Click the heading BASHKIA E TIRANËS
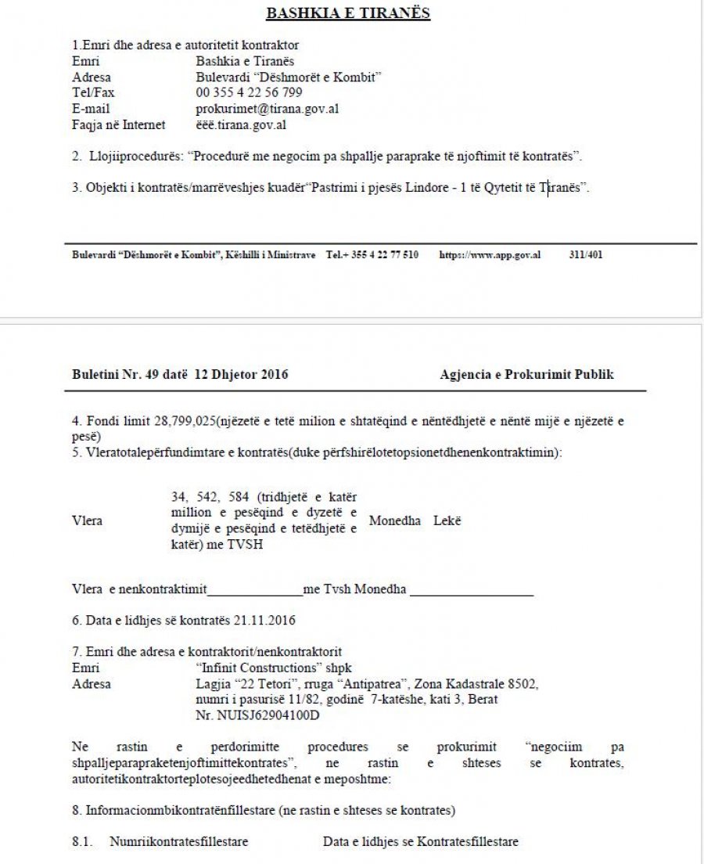click(x=348, y=13)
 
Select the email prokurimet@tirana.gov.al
click(x=267, y=109)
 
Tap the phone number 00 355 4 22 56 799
click(x=249, y=93)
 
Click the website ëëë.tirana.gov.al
click(x=240, y=124)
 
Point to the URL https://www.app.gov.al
click(x=490, y=255)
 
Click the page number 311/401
click(x=586, y=255)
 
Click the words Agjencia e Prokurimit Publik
click(x=526, y=375)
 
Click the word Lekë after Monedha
click(x=447, y=520)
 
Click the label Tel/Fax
click(x=88, y=93)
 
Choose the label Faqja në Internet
click(x=118, y=124)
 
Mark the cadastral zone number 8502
click(x=520, y=684)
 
